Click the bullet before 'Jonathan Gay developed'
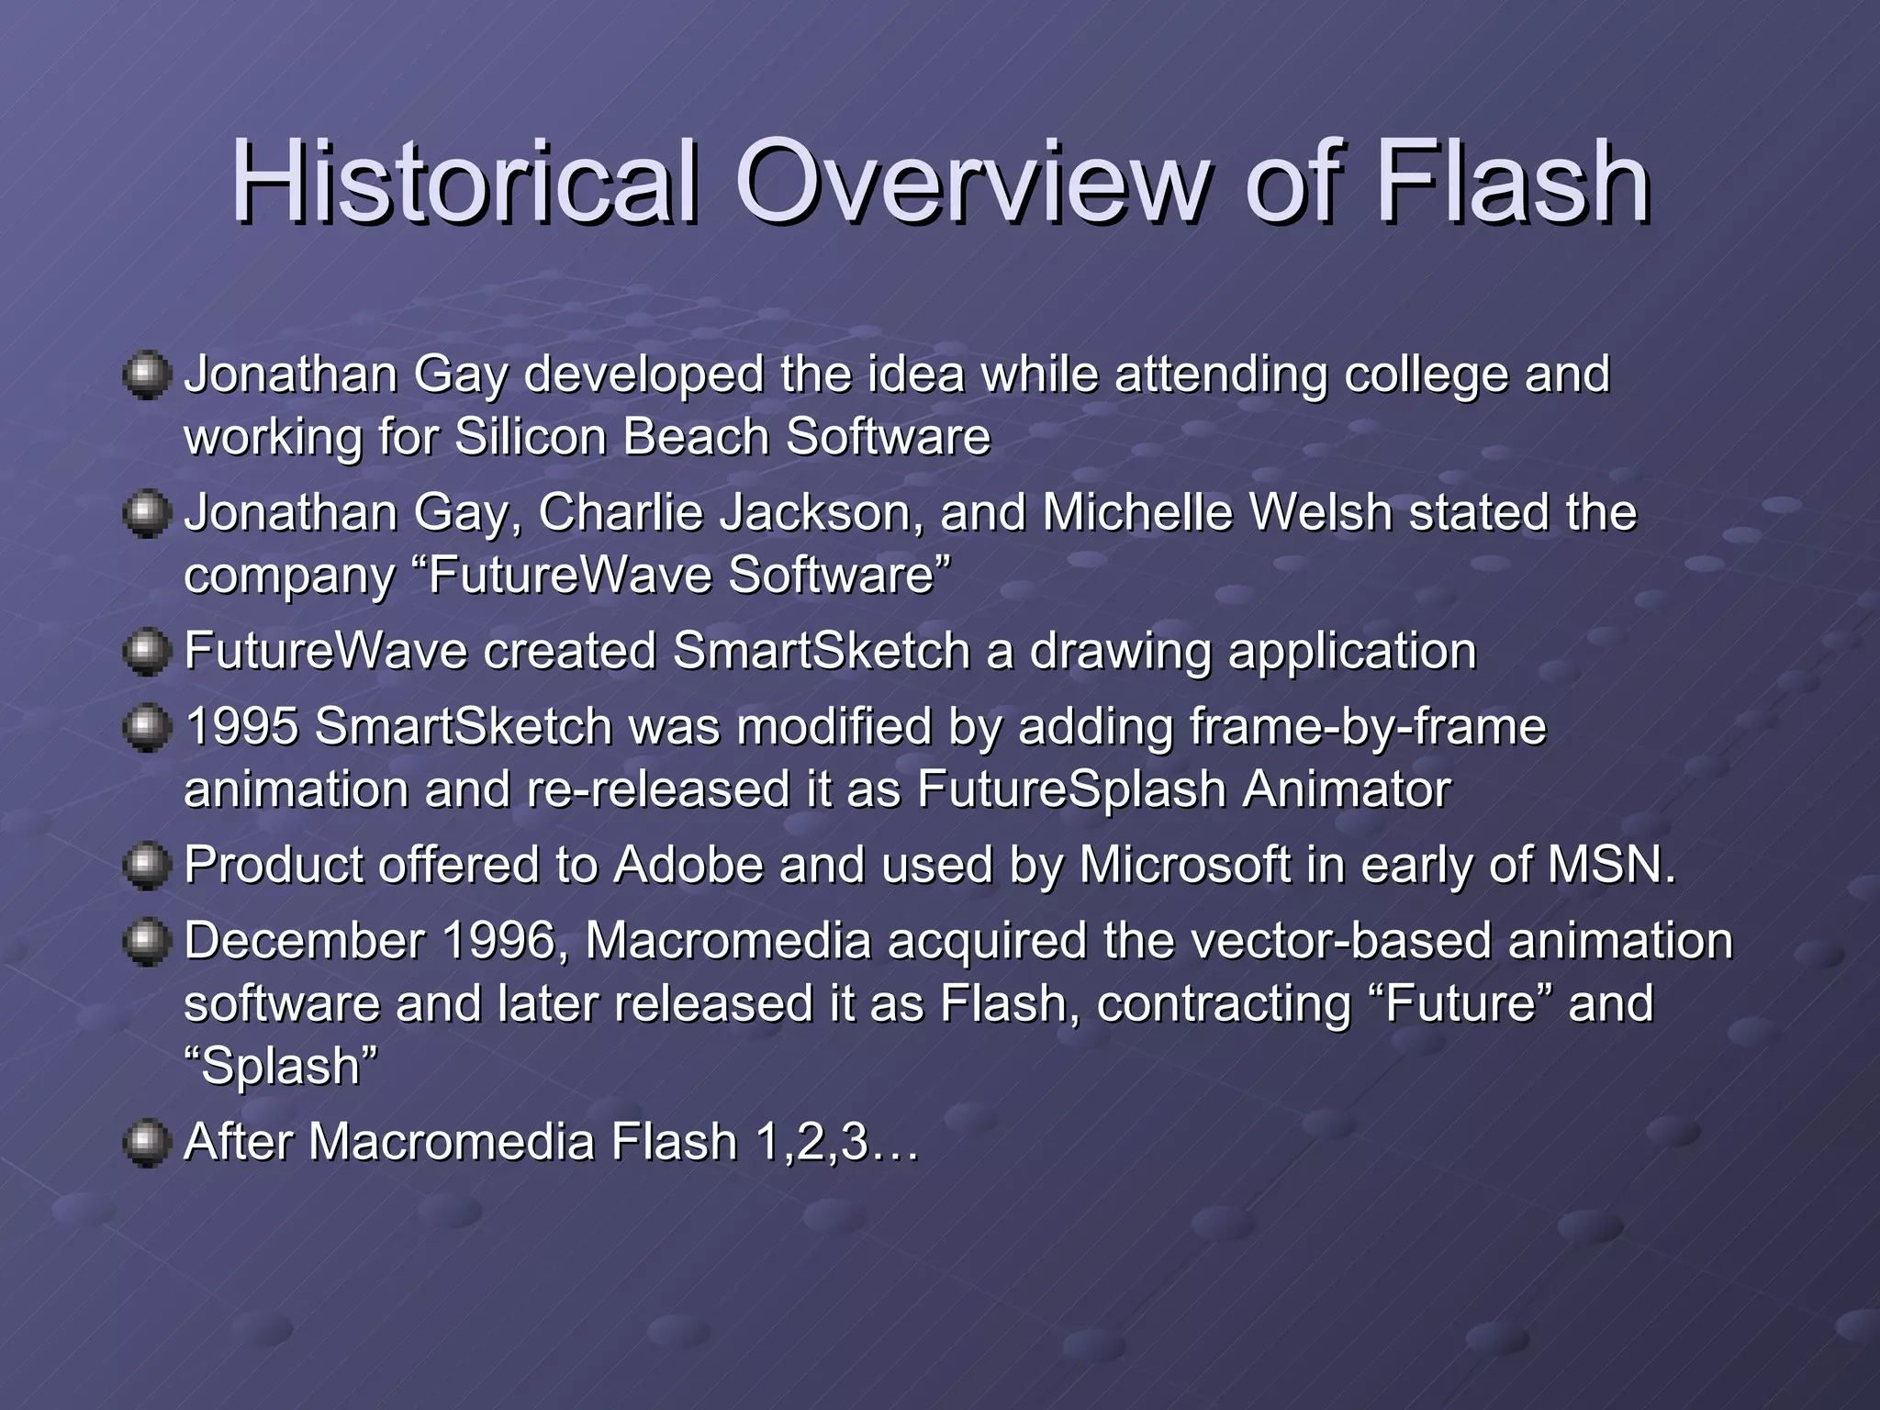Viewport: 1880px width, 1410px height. [147, 376]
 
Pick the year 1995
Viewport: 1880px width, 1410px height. [241, 727]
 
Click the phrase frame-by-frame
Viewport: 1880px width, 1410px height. [1368, 727]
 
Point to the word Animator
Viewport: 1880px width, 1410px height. [1347, 789]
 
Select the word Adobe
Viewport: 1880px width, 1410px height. [688, 866]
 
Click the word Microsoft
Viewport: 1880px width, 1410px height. [1185, 866]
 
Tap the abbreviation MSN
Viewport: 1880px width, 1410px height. [1611, 866]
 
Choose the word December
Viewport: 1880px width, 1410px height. [304, 942]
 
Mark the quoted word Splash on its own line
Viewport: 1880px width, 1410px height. [281, 1067]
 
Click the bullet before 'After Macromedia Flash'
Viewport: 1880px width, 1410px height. [147, 1144]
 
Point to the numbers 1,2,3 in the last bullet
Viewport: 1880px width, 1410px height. [812, 1144]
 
